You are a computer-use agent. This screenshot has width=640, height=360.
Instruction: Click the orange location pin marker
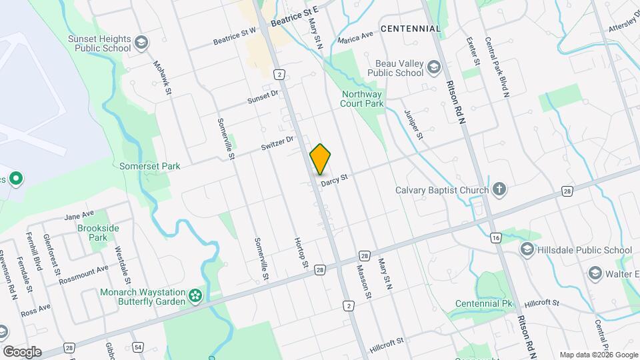click(321, 159)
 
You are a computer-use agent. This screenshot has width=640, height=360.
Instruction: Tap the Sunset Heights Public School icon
click(141, 43)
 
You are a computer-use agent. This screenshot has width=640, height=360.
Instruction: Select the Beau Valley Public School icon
click(434, 67)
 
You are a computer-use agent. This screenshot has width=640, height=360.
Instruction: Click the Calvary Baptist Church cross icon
click(499, 190)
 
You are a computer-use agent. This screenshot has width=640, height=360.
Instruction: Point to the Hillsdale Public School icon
click(527, 250)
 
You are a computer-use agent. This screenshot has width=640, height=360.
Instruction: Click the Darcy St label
click(335, 179)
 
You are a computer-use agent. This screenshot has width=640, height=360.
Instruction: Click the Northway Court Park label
click(362, 99)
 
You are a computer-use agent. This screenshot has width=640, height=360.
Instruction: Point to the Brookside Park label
click(98, 233)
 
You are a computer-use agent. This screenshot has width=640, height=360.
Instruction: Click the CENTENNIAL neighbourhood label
click(411, 29)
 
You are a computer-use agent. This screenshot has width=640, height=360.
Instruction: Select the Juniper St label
click(415, 125)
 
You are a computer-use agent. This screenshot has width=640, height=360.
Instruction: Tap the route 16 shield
click(495, 237)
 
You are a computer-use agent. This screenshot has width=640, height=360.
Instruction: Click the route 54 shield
click(138, 348)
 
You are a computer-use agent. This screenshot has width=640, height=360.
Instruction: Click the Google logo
click(23, 351)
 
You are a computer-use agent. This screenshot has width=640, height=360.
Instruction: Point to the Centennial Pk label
click(483, 304)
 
